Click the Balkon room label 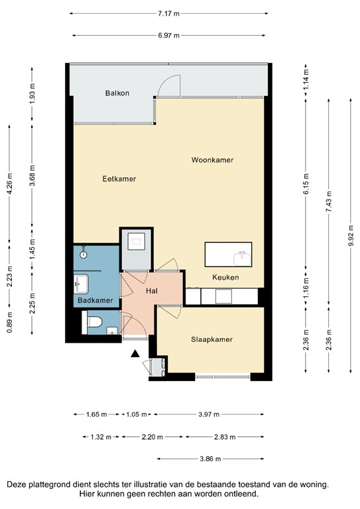coord(117,93)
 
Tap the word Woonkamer coord(212,160)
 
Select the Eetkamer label coord(119,179)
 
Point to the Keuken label coord(225,277)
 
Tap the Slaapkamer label coord(212,339)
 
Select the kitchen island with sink coord(229,254)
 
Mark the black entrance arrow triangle coord(135,355)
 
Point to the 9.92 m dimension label coord(351,235)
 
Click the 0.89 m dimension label coord(9,323)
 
